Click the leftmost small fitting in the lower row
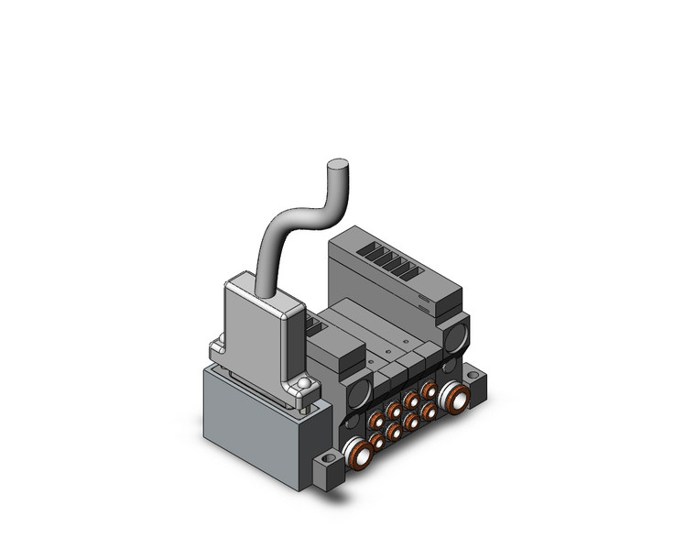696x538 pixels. [x=376, y=442]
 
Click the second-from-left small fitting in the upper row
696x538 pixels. [x=392, y=410]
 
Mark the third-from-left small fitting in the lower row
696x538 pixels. [x=411, y=422]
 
